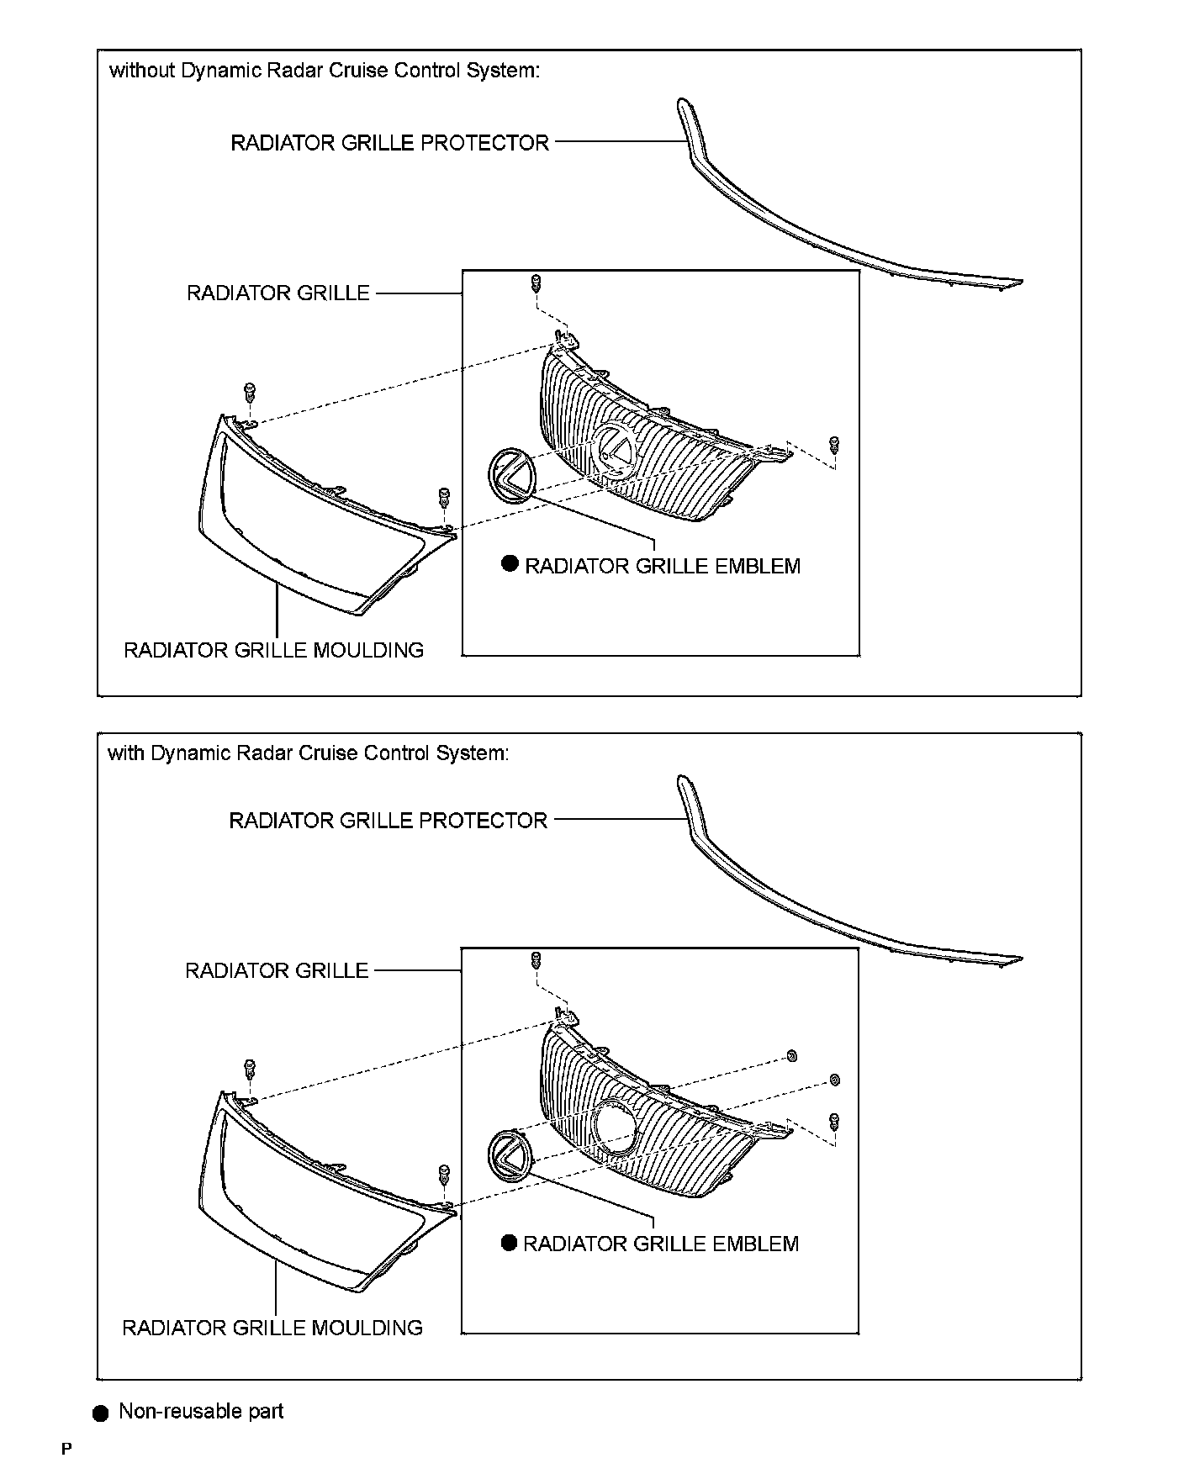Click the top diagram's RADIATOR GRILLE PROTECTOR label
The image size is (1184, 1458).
pos(389,143)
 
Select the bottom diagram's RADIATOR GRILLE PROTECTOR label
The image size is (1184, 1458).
pos(388,821)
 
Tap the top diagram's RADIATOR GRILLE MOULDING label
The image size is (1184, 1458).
pos(273,650)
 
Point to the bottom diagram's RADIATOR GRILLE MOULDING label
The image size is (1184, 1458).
pos(272,1328)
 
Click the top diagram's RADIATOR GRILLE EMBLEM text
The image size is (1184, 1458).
pos(663,566)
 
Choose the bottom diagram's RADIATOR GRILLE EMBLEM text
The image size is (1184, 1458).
pos(661,1244)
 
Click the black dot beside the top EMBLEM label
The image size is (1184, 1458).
pos(510,563)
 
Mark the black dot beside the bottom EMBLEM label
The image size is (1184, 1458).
pos(508,1242)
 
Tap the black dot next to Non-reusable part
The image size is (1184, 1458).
pos(101,1413)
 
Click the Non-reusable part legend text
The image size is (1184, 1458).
pos(201,1411)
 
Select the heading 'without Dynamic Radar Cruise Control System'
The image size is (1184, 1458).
pos(325,71)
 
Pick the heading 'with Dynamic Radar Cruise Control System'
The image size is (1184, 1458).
pos(308,753)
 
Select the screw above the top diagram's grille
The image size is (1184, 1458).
pos(535,283)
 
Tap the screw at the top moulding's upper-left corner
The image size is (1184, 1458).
pos(250,392)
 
